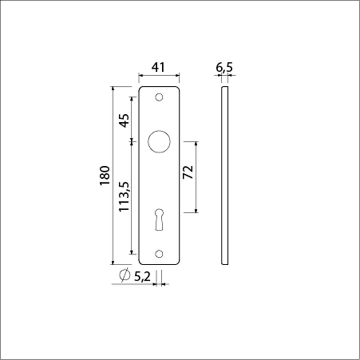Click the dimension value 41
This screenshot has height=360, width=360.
tap(158, 67)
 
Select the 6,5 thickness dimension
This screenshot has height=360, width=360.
tap(225, 67)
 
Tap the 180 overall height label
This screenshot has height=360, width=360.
tap(104, 175)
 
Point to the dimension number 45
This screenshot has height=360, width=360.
tap(124, 121)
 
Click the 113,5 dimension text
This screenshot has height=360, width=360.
tap(124, 196)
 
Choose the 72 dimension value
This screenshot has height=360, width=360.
tap(188, 172)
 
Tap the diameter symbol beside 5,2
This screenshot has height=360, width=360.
tap(124, 275)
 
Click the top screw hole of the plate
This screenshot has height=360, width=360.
tap(159, 97)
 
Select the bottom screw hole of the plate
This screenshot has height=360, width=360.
tap(159, 254)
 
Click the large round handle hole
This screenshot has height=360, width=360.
tap(159, 141)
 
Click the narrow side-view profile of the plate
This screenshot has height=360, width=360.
tap(224, 176)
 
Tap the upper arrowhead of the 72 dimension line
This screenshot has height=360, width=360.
tap(196, 144)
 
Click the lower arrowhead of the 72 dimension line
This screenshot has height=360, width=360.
tap(196, 210)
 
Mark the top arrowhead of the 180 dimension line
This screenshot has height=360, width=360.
tap(113, 89)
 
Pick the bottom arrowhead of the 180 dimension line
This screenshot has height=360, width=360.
tap(113, 262)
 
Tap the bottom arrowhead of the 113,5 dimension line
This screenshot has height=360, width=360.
tap(131, 251)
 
